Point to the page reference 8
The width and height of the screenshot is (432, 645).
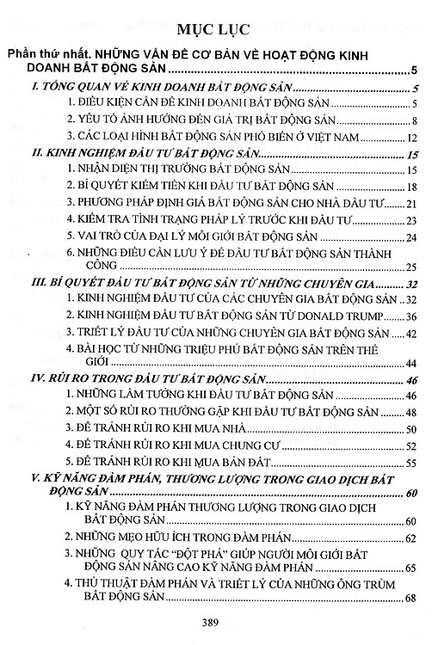pos(414,119)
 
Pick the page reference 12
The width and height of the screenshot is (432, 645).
pos(411,138)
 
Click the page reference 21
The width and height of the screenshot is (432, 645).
pos(411,203)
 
